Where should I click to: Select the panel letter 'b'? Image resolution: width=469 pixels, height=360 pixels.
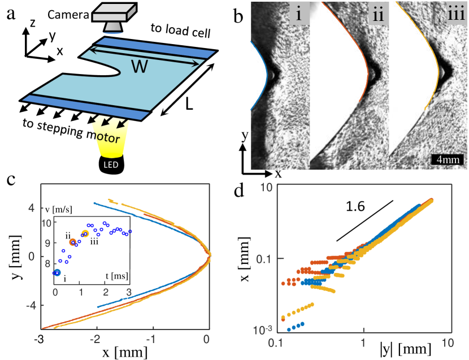239,17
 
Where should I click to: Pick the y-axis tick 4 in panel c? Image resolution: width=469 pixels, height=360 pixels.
32,207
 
